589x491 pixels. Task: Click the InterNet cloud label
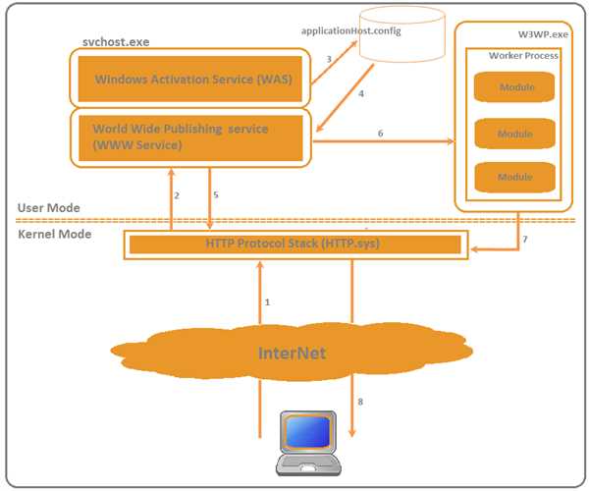292,353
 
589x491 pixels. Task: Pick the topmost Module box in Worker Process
514,87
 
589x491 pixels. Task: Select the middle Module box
514,134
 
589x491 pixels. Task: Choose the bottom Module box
514,177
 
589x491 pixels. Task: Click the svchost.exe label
115,44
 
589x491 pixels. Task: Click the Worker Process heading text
523,56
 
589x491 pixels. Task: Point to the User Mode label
48,208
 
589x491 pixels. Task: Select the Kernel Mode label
54,234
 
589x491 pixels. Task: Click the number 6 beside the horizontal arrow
380,132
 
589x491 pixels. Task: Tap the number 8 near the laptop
360,402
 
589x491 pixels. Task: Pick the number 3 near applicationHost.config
329,61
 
